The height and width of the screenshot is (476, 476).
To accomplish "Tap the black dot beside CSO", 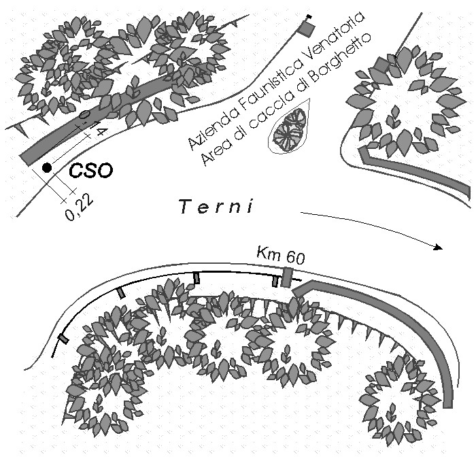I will click(46, 167).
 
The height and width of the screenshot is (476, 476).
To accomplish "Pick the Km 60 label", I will click(280, 256).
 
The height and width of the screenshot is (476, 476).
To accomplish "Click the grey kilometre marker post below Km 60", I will click(287, 277).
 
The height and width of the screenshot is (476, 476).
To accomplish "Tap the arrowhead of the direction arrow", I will click(439, 248).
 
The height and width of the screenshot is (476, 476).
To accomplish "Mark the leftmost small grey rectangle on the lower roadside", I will click(63, 339).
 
